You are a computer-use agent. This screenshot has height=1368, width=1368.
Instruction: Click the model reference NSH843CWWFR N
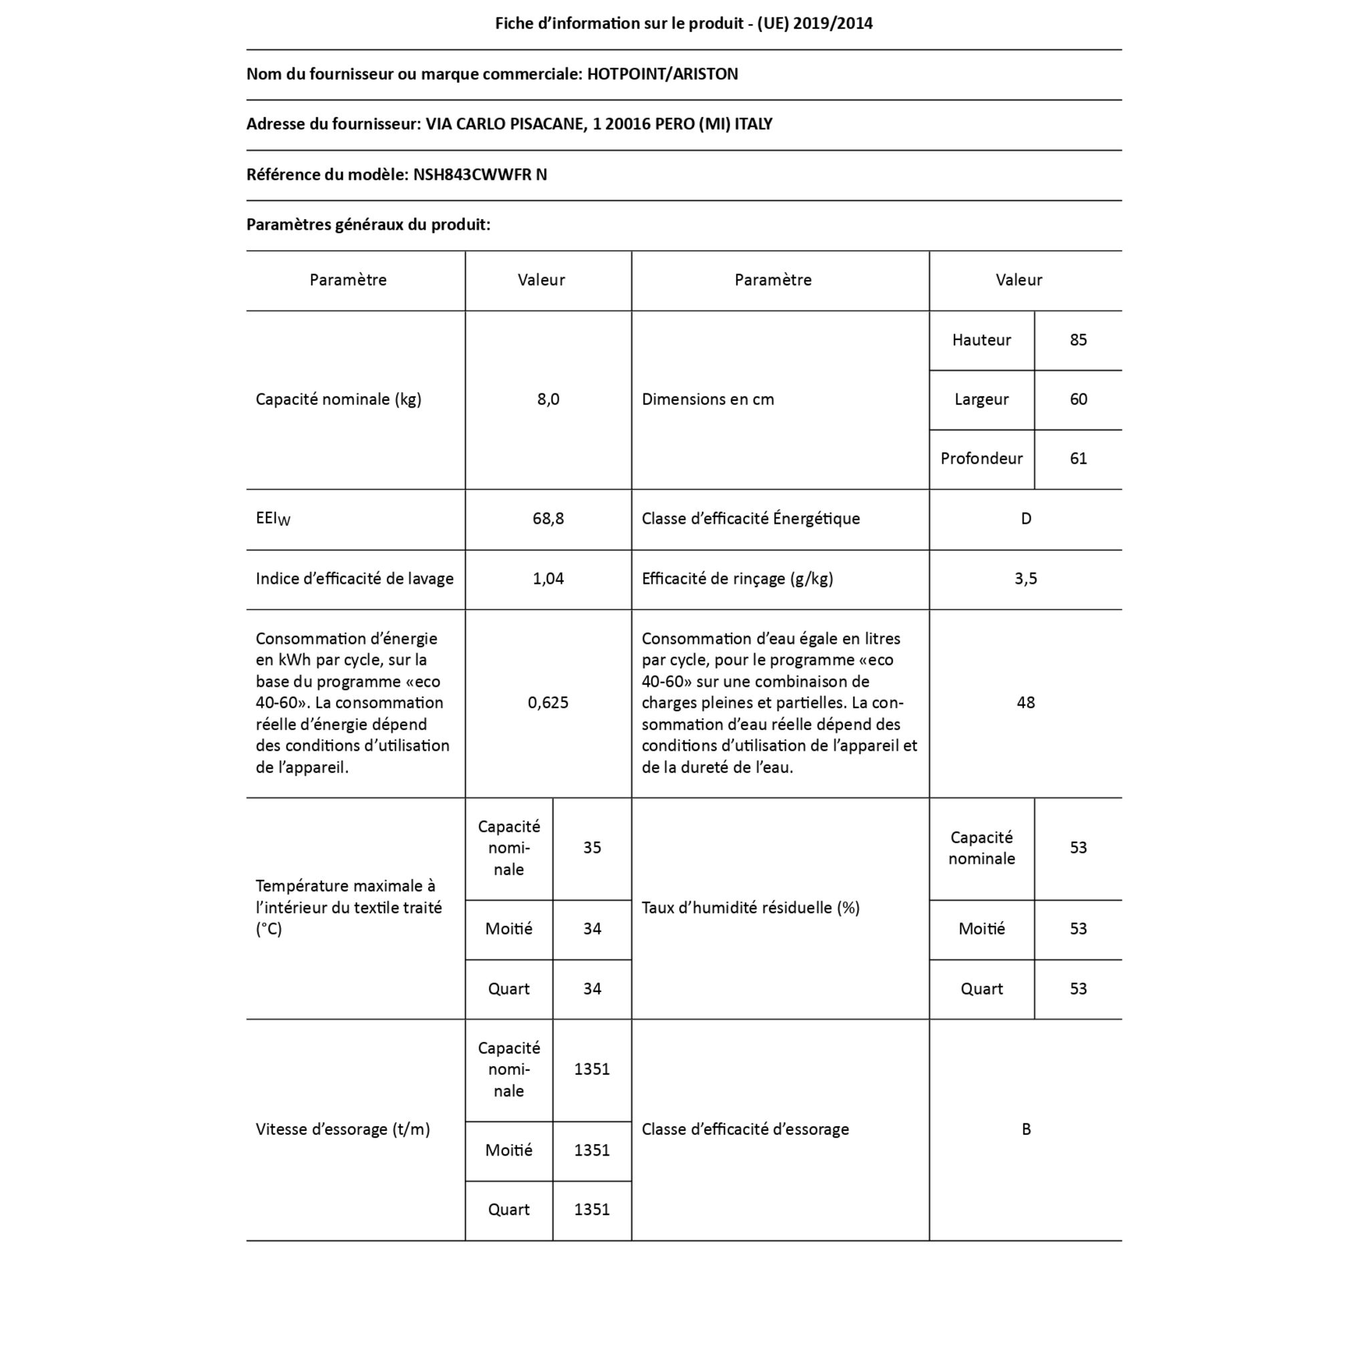480,174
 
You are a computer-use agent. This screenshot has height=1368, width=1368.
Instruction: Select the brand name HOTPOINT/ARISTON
662,73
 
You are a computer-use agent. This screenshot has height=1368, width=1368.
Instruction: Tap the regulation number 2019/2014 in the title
832,23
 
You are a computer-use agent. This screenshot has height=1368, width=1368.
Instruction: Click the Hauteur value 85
1077,340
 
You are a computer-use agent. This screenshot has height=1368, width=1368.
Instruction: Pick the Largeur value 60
1077,399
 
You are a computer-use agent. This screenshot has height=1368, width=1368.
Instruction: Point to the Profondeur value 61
1077,459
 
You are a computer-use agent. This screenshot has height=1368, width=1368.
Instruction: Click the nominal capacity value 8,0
548,399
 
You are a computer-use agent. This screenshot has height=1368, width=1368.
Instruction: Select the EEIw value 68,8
548,518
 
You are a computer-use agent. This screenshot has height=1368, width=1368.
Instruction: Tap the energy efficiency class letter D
1025,518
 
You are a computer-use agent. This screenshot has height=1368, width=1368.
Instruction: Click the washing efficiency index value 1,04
548,578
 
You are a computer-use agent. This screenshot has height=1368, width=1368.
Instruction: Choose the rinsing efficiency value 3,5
1025,578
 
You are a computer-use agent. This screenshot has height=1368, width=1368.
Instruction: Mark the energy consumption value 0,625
548,703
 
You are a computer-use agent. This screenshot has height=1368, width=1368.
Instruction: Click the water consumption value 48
1025,703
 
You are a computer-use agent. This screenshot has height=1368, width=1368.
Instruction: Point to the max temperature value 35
592,848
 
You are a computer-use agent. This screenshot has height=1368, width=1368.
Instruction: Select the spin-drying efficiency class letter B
1025,1130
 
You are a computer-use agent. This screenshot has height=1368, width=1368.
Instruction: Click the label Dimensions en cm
707,399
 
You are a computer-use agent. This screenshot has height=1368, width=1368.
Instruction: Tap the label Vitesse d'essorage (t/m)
343,1130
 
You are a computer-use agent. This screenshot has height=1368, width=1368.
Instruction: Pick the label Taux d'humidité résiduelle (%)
750,908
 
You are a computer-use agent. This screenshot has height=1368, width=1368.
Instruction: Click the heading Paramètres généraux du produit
368,224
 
